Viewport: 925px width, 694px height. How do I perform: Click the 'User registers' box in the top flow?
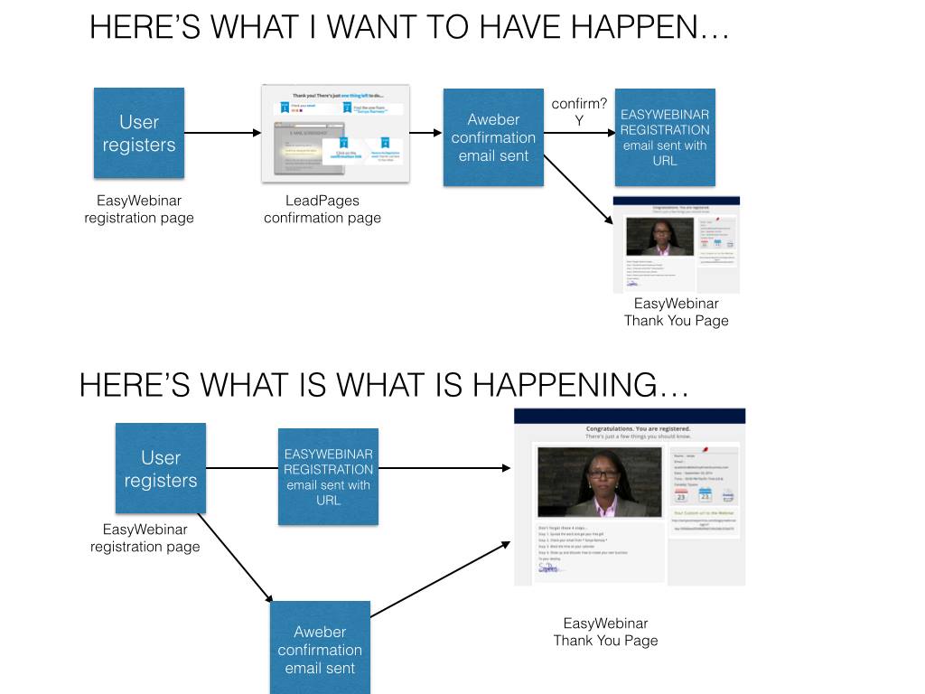[x=139, y=133]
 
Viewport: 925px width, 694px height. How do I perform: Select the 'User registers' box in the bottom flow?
[x=160, y=468]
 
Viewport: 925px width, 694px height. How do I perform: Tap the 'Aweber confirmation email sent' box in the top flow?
[x=493, y=137]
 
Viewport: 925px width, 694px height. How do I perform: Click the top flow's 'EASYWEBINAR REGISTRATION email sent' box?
[x=665, y=137]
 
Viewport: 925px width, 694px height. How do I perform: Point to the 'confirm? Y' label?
[x=579, y=113]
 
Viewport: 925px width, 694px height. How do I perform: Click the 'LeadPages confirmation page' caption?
[x=322, y=209]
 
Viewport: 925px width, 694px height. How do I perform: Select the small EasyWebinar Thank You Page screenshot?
[x=676, y=244]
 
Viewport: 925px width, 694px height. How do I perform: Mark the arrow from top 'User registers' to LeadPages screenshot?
[x=222, y=134]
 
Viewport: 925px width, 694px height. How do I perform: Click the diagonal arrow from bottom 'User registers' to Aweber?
[x=235, y=558]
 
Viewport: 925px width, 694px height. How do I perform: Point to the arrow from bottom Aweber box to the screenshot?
[x=437, y=579]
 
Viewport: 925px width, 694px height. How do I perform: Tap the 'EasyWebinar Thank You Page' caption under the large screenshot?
[x=605, y=632]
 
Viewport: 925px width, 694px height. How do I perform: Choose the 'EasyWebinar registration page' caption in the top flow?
[x=139, y=209]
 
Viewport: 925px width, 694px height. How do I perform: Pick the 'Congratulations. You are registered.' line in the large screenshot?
[x=638, y=428]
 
